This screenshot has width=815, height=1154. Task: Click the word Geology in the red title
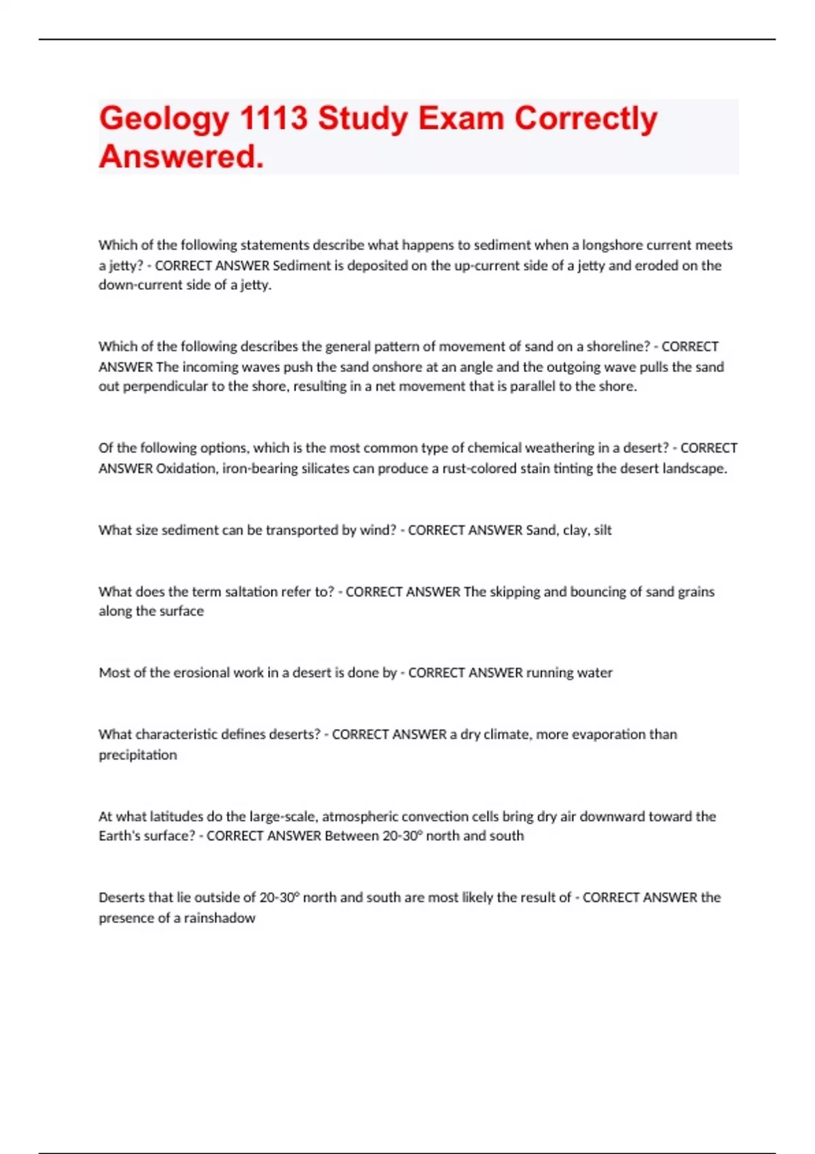click(x=164, y=119)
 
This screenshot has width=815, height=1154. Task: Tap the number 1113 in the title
click(x=274, y=118)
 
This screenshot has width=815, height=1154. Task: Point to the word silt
click(x=602, y=530)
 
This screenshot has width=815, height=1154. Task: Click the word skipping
click(x=515, y=591)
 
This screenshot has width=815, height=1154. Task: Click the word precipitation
click(x=138, y=755)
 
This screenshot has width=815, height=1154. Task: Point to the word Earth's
click(x=119, y=836)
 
